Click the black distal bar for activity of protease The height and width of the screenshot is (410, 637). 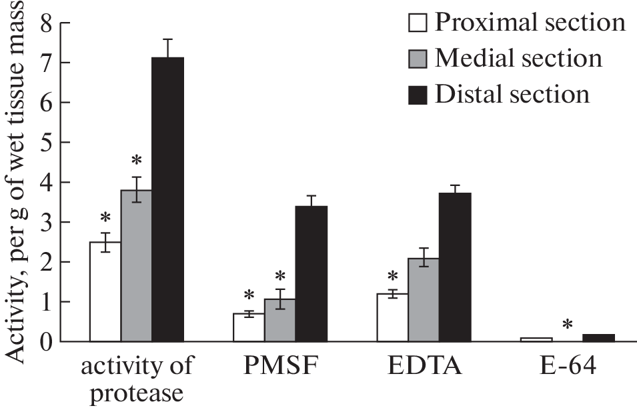click(x=167, y=199)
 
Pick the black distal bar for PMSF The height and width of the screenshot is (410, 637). click(x=311, y=273)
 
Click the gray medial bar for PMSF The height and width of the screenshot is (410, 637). click(x=279, y=320)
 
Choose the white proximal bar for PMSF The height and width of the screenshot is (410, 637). click(x=248, y=327)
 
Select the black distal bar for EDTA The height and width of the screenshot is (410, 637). click(x=455, y=267)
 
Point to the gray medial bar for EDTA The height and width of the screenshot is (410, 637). click(x=424, y=299)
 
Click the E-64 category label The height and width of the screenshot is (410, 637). click(x=567, y=366)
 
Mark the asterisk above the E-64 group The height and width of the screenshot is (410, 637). click(x=567, y=325)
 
